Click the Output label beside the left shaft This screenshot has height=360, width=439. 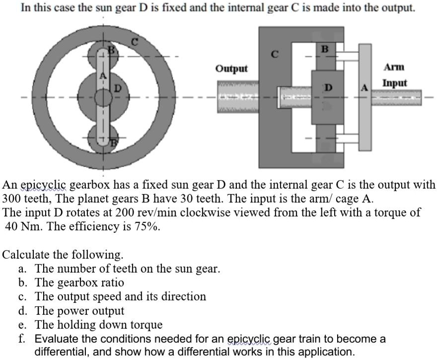tap(231, 68)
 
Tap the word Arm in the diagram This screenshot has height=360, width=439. tap(394, 67)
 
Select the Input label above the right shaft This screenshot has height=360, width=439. tap(395, 83)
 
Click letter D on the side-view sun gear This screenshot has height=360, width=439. tap(328, 88)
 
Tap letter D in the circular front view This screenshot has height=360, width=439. tap(118, 89)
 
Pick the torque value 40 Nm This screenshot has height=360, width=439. tap(22, 226)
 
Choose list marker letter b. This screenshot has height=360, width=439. tap(22, 283)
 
